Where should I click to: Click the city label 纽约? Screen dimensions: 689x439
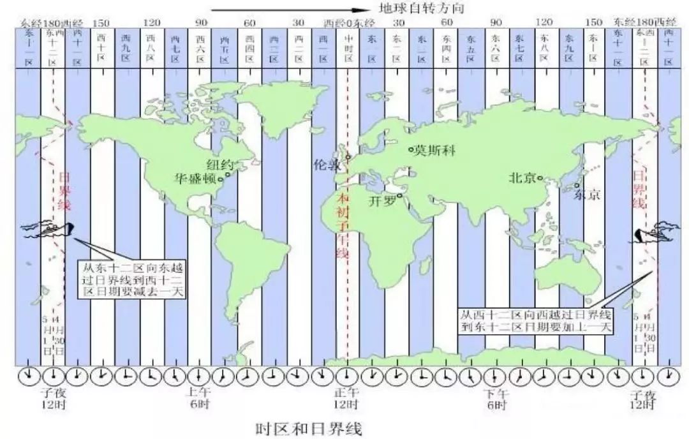coord(219,163)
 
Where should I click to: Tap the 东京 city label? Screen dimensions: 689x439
coord(587,195)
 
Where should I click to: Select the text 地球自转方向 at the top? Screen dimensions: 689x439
coord(419,9)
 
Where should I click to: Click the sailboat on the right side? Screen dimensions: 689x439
coord(651,234)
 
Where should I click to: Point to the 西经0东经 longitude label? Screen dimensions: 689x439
coord(347,23)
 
